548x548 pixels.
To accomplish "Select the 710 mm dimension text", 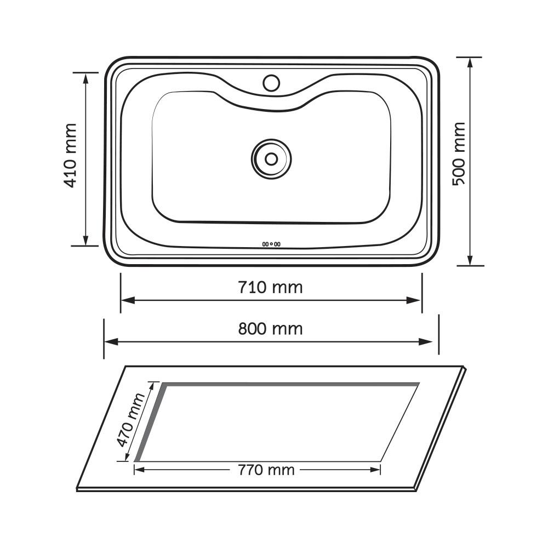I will pyautogui.click(x=270, y=287).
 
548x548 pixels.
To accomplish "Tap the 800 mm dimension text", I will pyautogui.click(x=270, y=328).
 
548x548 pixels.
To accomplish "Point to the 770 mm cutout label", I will pyautogui.click(x=266, y=470).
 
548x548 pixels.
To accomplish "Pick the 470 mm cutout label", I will pyautogui.click(x=132, y=419).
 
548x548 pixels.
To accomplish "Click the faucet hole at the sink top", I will pyautogui.click(x=271, y=83).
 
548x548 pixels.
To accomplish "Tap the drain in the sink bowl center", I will pyautogui.click(x=271, y=158).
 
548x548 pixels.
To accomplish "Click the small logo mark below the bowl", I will pyautogui.click(x=271, y=244).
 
